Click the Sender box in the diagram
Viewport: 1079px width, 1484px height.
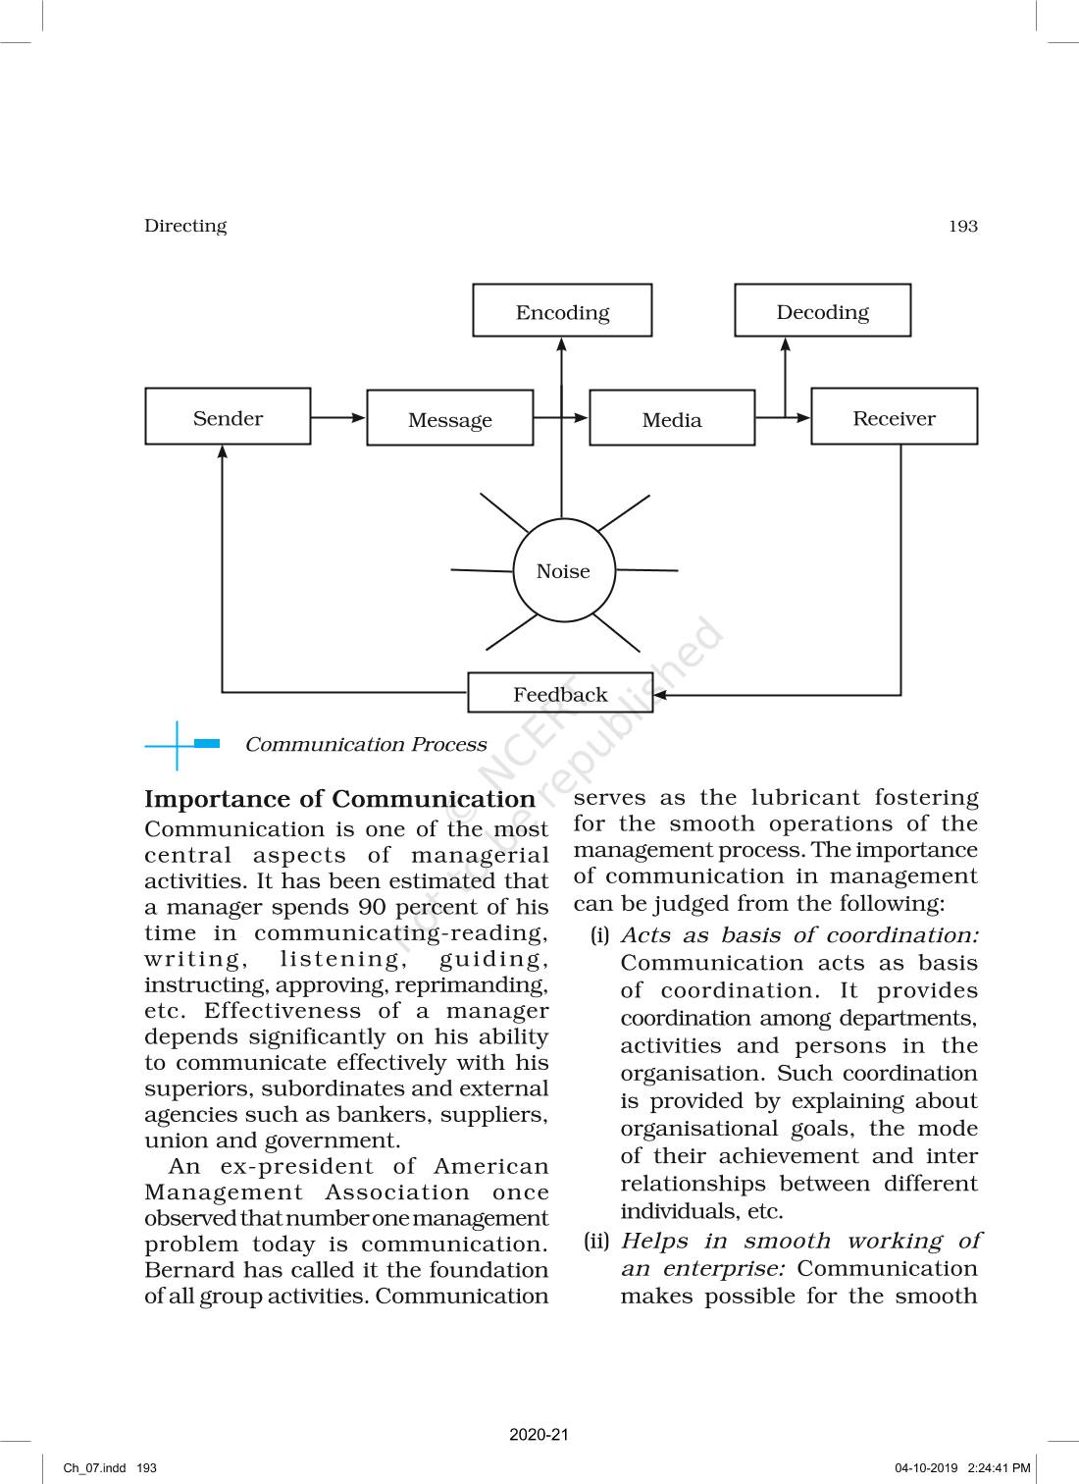[228, 417]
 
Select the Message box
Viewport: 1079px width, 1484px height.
[450, 419]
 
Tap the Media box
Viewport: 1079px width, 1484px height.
[672, 419]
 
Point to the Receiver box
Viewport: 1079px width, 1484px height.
[894, 417]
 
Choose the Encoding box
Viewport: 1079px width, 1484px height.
[562, 312]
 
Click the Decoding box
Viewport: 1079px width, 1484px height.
[822, 311]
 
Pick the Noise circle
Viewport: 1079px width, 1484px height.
[563, 571]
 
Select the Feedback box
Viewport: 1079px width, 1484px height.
[560, 694]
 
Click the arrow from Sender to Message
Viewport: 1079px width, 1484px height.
[338, 417]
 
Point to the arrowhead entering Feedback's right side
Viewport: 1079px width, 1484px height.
[660, 695]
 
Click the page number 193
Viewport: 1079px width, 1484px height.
[963, 226]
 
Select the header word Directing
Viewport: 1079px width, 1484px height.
[185, 226]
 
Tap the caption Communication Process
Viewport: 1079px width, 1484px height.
[365, 745]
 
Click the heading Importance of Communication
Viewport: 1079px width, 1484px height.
[339, 799]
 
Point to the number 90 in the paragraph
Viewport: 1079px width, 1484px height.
[372, 908]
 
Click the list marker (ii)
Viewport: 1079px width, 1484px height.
[596, 1241]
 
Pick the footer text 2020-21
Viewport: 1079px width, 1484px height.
[539, 1435]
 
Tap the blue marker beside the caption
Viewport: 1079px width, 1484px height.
[206, 744]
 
